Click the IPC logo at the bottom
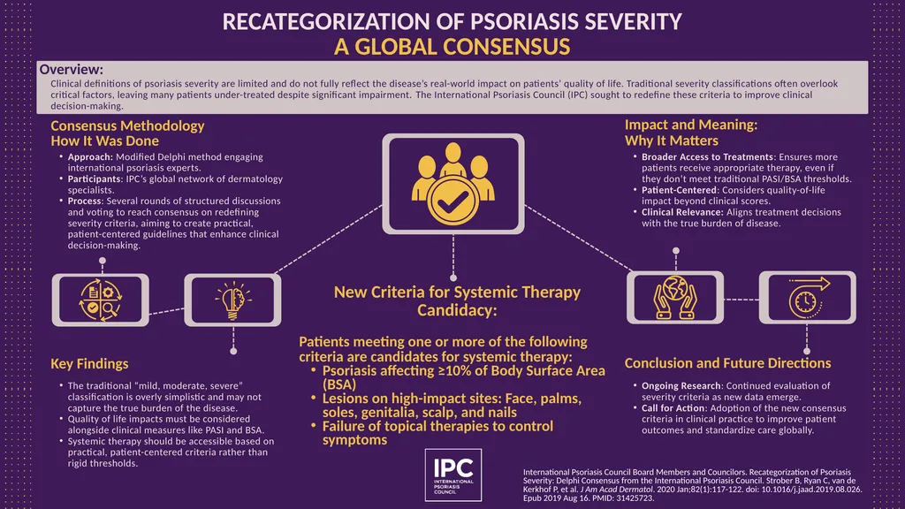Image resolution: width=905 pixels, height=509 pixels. (453, 475)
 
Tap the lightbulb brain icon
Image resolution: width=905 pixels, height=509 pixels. (232, 300)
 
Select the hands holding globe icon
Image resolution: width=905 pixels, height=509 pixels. (675, 298)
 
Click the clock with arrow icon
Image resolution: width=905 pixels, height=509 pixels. (808, 298)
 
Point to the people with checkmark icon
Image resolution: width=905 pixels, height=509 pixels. (453, 184)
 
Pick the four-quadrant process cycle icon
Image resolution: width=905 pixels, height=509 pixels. (101, 300)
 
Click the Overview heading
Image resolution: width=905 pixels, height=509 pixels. (71, 69)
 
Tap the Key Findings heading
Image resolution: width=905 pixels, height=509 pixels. (89, 363)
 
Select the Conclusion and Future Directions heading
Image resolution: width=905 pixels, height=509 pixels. (728, 363)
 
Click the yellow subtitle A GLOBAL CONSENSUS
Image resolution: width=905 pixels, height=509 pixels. (452, 47)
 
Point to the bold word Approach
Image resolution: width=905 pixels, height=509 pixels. (90, 157)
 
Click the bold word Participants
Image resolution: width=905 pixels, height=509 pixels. (95, 179)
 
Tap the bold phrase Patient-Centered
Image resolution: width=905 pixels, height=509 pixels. (680, 190)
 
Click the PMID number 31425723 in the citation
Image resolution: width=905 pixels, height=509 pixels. (635, 498)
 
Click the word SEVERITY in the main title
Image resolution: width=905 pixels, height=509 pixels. (633, 22)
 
